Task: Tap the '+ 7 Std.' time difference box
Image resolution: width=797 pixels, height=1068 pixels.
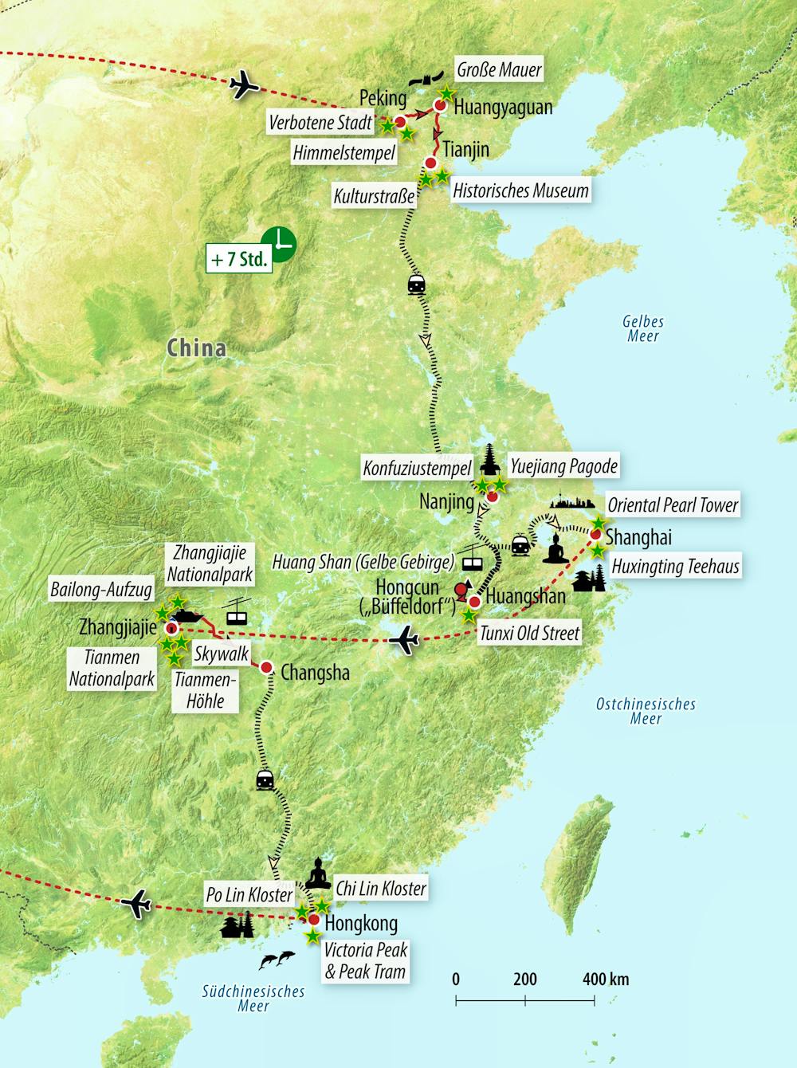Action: (x=239, y=259)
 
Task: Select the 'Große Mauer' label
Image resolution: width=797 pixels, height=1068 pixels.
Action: (x=499, y=69)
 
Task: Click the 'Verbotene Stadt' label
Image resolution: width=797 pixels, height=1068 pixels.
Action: (x=320, y=123)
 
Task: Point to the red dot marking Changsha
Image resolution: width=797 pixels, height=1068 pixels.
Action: (x=266, y=667)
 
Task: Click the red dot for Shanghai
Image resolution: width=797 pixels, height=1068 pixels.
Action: (x=595, y=534)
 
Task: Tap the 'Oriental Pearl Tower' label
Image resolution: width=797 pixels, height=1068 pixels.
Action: (x=673, y=505)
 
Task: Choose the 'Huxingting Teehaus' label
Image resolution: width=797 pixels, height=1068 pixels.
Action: (x=675, y=567)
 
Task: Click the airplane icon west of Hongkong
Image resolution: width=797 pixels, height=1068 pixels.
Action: (x=136, y=904)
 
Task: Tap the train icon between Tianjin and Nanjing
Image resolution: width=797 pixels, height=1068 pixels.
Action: (x=416, y=284)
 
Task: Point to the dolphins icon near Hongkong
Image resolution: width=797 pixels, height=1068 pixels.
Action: (x=277, y=960)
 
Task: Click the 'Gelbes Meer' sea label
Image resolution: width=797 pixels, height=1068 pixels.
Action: (x=643, y=328)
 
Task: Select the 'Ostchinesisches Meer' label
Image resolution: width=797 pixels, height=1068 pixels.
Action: (x=646, y=711)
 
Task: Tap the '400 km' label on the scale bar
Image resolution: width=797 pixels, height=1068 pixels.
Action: (x=605, y=979)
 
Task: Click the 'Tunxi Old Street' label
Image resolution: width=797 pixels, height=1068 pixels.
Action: (x=529, y=634)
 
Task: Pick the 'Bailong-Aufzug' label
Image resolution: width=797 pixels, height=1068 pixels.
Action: (x=101, y=590)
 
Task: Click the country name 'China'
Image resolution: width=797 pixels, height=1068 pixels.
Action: (x=196, y=347)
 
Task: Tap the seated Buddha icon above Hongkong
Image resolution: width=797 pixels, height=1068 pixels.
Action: (x=319, y=874)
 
